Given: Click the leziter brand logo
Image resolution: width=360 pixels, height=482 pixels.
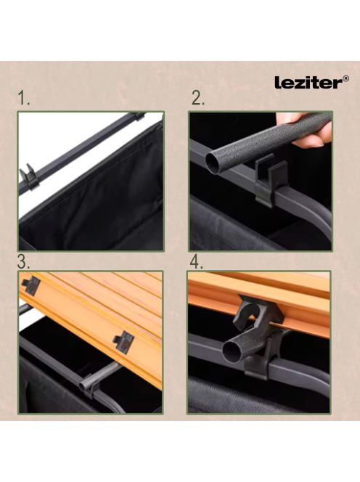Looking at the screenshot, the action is click(311, 83).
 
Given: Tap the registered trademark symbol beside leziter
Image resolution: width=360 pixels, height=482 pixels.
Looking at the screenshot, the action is click(346, 79).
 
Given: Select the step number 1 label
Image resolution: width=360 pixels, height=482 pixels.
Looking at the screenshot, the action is click(24, 98).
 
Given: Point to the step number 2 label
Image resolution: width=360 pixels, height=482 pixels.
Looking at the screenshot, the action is click(197, 98).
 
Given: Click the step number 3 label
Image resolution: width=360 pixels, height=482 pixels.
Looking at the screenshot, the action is click(24, 262).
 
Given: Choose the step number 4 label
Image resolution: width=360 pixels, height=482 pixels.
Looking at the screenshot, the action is click(197, 262).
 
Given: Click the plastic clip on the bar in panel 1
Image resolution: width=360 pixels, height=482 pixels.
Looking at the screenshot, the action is click(29, 176).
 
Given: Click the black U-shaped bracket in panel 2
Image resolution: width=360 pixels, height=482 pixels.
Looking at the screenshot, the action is click(271, 180).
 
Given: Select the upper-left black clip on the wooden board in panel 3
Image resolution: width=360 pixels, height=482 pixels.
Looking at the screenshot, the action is click(31, 285).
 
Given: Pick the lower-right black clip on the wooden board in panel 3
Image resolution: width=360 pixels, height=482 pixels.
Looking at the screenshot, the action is click(124, 342).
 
